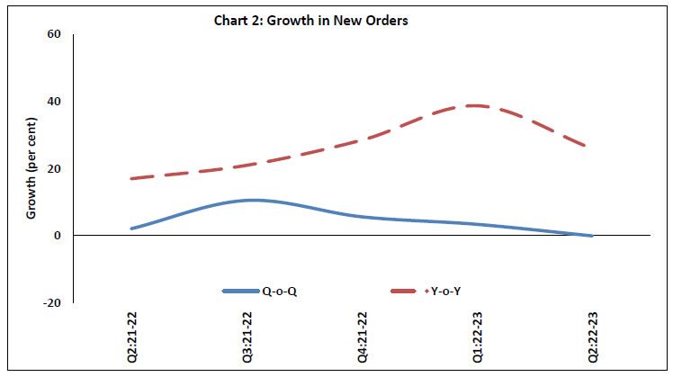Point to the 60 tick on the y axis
[x=54, y=34]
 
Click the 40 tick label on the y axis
[x=54, y=102]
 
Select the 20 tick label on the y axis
[x=54, y=168]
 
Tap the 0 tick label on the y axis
[x=58, y=236]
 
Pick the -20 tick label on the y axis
[x=52, y=303]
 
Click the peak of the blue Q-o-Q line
[x=252, y=200]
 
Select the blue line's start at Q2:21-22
[x=132, y=229]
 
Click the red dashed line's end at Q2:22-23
[x=591, y=147]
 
